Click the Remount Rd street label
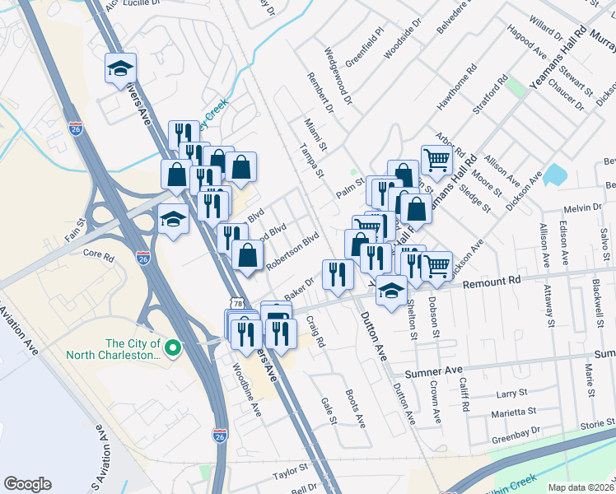[x=492, y=281]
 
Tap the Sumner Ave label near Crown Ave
[x=442, y=371]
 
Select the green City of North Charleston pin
[x=172, y=349]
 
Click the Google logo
[x=27, y=484]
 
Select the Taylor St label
[x=289, y=467]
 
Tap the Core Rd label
[x=98, y=254]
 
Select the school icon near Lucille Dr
[x=120, y=68]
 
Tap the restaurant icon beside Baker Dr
[x=338, y=274]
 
